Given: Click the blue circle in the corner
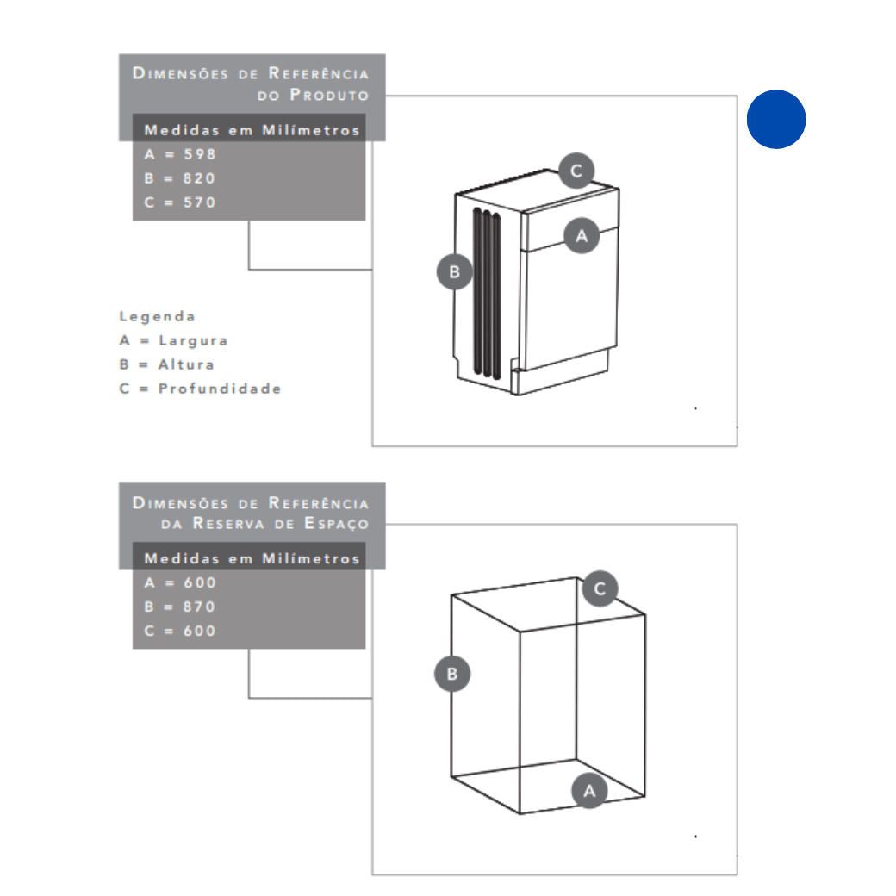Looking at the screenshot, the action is (776, 119).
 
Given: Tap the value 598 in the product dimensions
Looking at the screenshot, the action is (199, 154).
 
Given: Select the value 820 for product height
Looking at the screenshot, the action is (199, 178).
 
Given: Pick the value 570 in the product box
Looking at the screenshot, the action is (199, 202).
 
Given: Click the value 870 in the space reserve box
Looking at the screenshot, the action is (199, 607).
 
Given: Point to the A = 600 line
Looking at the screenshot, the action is (180, 583).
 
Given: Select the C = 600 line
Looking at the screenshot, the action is (180, 631).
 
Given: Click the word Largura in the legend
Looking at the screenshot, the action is (193, 341).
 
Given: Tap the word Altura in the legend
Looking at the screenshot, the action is (186, 364).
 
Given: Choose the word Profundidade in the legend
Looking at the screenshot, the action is (220, 389).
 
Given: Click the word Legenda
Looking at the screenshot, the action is (157, 317).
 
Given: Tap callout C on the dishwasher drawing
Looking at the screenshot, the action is (576, 171).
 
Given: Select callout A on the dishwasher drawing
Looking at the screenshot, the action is (582, 235).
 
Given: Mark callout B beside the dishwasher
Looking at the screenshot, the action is (454, 271).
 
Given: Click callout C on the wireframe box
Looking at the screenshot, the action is (600, 588).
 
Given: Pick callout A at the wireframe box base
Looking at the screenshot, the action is (589, 791).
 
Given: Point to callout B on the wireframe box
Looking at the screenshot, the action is (452, 674).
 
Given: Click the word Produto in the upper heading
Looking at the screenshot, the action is (329, 95).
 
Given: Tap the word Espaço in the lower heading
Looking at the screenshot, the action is (336, 524).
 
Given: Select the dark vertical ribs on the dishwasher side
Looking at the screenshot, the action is (487, 294).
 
